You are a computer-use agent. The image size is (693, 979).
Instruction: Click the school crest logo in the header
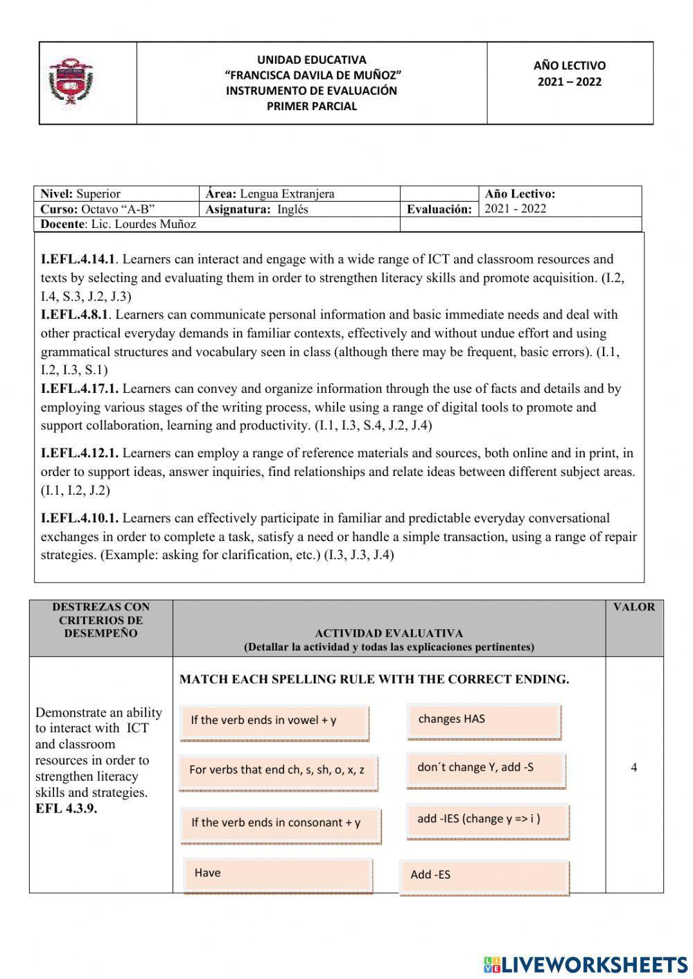[x=71, y=82]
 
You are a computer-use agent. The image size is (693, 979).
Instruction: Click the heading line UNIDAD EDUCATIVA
[x=311, y=60]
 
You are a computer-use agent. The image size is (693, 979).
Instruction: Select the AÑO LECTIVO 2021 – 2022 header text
[x=569, y=73]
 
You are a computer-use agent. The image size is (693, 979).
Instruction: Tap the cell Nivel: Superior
[x=80, y=194]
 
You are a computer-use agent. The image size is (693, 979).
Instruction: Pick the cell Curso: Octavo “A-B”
[x=97, y=209]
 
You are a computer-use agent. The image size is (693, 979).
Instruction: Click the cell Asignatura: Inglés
[x=257, y=209]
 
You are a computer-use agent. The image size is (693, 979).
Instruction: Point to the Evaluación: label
[x=439, y=209]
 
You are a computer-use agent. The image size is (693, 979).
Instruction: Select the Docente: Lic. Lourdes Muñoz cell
[x=118, y=224]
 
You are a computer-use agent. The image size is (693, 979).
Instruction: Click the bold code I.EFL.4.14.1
[x=78, y=260]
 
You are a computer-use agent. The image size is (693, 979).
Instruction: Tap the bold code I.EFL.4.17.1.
[x=80, y=389]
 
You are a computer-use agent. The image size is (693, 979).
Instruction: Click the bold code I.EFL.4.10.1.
[x=80, y=518]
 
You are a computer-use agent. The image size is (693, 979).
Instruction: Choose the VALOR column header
[x=633, y=607]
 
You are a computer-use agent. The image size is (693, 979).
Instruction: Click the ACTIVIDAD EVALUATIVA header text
[x=388, y=633]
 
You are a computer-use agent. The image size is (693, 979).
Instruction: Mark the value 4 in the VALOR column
[x=633, y=768]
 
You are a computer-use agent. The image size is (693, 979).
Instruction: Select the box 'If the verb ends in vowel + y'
[x=274, y=721]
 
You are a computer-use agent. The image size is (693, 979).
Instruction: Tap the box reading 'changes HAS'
[x=483, y=720]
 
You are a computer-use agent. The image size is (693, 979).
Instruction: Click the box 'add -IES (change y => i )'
[x=487, y=820]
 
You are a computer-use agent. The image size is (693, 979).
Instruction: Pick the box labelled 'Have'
[x=278, y=874]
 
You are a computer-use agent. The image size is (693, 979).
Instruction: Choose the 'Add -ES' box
[x=484, y=876]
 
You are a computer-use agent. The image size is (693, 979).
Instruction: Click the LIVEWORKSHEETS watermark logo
[x=586, y=964]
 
